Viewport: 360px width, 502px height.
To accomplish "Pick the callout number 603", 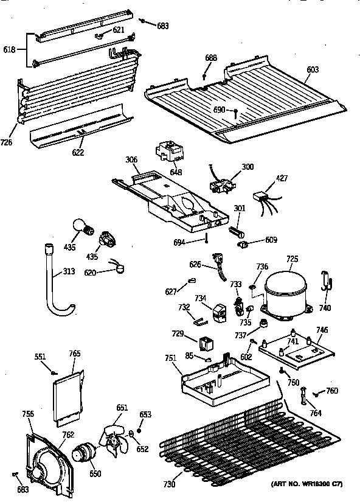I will point(313,70).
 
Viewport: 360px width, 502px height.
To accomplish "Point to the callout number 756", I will point(28,414).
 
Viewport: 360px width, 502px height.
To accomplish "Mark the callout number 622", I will point(78,152).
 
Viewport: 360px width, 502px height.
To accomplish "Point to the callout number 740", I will point(325,308).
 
